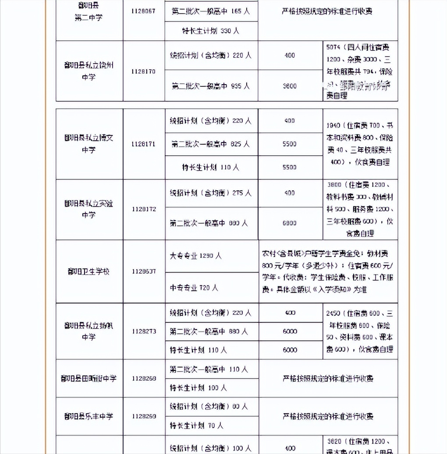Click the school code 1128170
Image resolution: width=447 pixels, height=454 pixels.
tap(143, 71)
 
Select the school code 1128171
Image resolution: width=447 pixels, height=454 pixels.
tap(143, 144)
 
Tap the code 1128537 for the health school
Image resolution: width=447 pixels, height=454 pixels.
tap(143, 272)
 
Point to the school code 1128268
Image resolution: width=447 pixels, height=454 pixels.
tap(143, 378)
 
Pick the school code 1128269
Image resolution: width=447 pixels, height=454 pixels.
tap(143, 416)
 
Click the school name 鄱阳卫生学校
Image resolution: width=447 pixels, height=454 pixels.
tap(89, 272)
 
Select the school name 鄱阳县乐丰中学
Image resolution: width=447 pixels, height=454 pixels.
tap(89, 416)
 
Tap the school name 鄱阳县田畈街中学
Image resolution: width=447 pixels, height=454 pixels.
tap(89, 378)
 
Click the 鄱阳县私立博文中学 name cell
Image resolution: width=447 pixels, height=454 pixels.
tap(89, 144)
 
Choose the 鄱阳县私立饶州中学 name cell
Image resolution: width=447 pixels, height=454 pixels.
tap(89, 71)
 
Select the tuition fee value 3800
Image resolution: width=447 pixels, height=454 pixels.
tap(289, 86)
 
